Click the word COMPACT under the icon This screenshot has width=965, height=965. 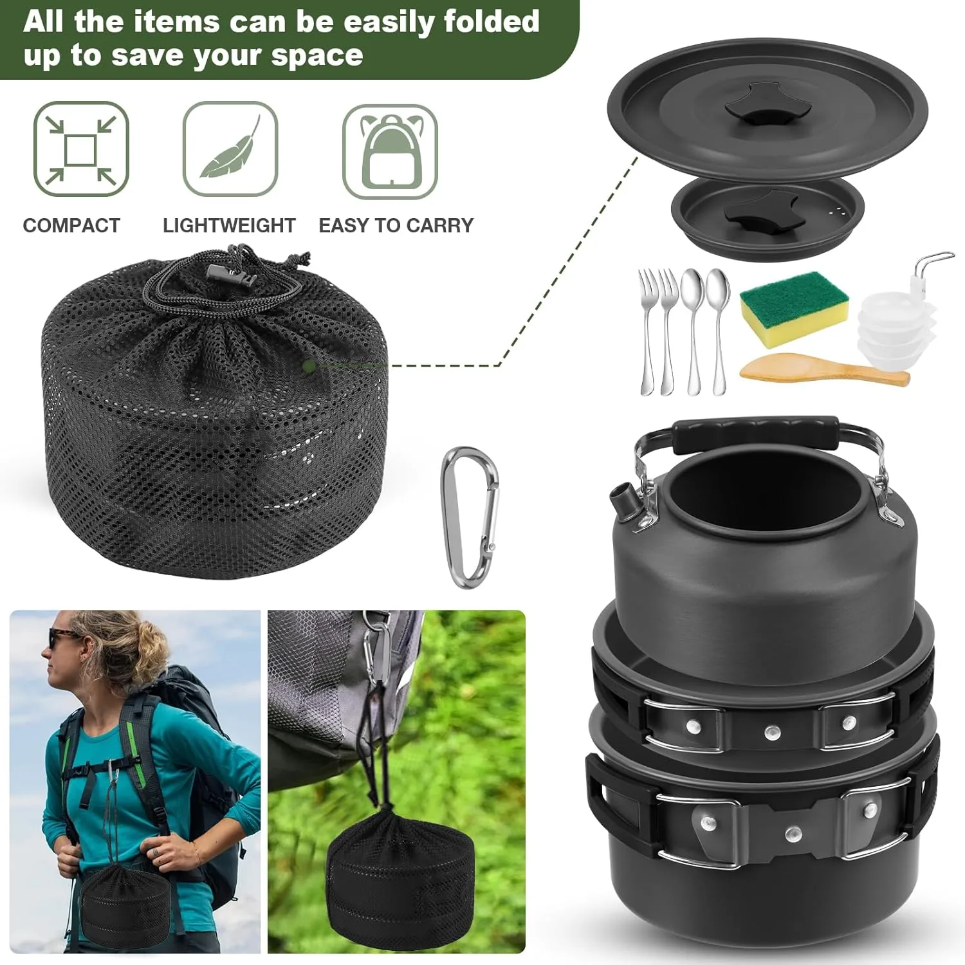coord(71,226)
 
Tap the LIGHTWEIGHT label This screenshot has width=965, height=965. coord(229,226)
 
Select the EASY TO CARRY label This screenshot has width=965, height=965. coord(396,226)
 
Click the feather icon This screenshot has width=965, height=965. coord(230,149)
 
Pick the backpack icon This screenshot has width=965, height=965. coord(390,152)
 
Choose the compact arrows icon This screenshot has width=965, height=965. coord(81,149)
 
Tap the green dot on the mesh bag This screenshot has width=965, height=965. coord(309,366)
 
